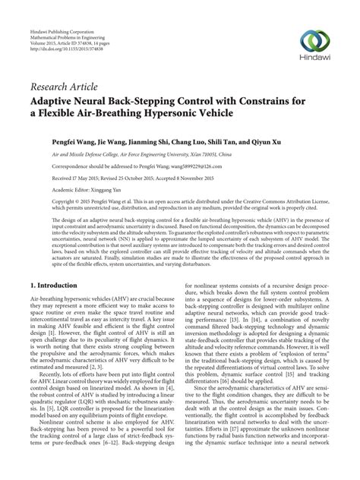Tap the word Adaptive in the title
[59, 99]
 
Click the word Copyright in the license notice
[46, 205]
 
